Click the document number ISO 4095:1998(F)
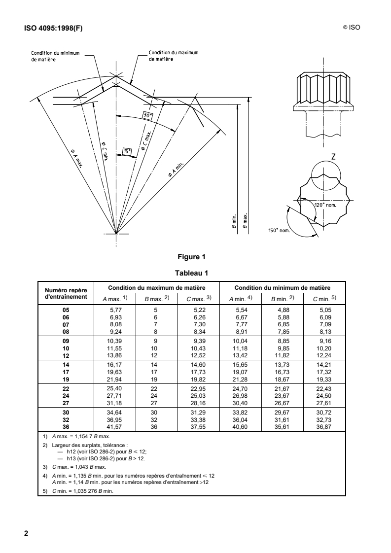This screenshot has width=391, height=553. point(54,28)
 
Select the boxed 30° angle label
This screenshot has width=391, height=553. point(147,115)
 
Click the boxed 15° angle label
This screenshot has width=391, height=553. point(127,152)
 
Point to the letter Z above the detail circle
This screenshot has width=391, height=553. point(334,157)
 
